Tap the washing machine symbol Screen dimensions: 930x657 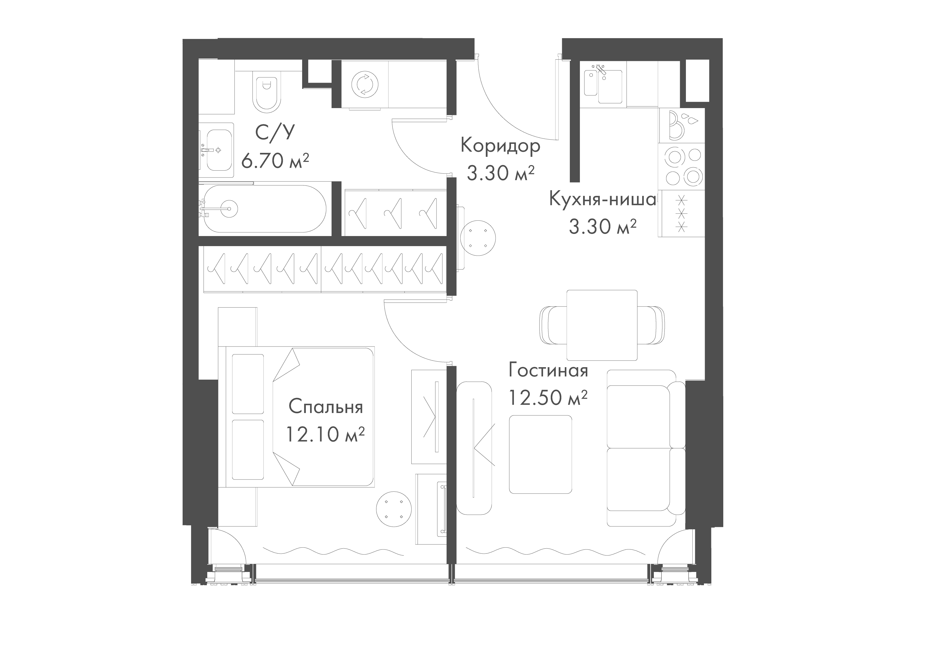364,85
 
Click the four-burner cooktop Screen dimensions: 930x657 682,166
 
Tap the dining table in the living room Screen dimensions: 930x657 602,325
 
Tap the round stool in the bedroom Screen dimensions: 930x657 394,509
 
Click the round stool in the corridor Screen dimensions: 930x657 478,238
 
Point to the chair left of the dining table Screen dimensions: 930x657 553,325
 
